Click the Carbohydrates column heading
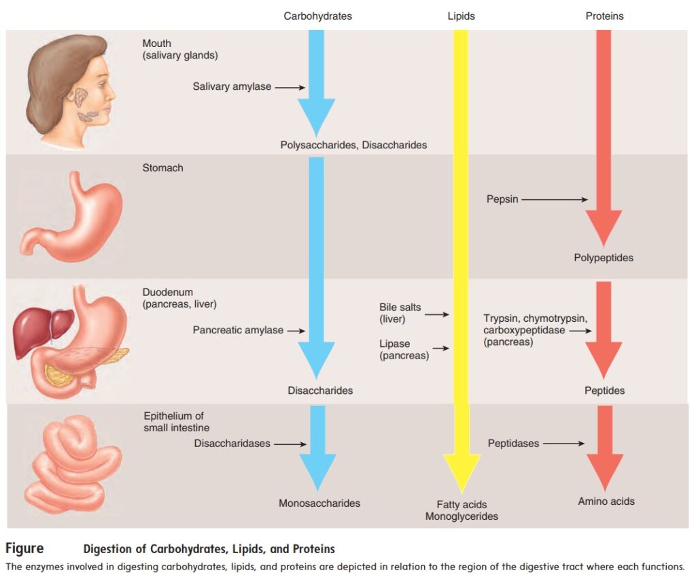click(x=317, y=16)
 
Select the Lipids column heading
click(x=461, y=16)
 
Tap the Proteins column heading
click(x=604, y=16)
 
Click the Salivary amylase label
click(x=232, y=86)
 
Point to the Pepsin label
click(x=502, y=199)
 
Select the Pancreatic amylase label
click(x=238, y=330)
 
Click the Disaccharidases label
click(x=232, y=444)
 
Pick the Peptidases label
click(x=513, y=444)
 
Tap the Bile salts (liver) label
click(x=400, y=313)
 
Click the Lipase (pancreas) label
click(x=404, y=350)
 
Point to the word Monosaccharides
click(x=319, y=503)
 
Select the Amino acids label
click(x=606, y=501)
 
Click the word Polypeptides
click(x=604, y=258)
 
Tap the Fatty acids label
click(x=462, y=505)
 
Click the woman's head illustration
click(x=68, y=82)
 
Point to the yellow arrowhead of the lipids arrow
click(x=462, y=473)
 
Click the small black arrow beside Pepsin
click(x=555, y=199)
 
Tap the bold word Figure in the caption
click(x=24, y=548)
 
